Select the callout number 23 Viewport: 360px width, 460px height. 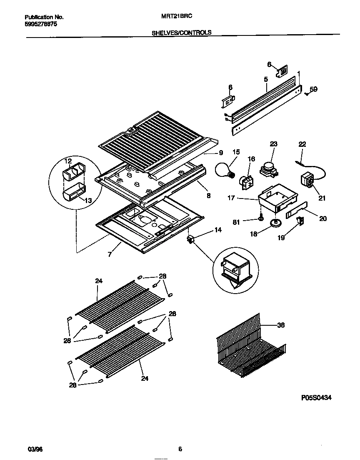(x=273, y=144)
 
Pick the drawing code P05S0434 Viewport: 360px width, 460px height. (x=316, y=398)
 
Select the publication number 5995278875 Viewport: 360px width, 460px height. (x=41, y=25)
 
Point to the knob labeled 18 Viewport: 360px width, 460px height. (x=274, y=224)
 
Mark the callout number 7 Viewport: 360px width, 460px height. (x=110, y=254)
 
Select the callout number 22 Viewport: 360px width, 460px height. (x=302, y=144)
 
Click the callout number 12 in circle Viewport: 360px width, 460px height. (x=68, y=161)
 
